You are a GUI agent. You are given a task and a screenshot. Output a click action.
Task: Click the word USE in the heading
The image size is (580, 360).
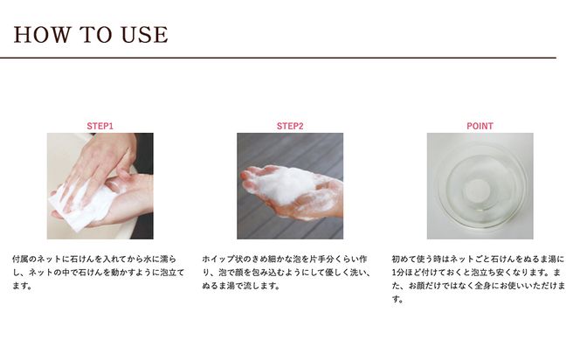click(x=142, y=35)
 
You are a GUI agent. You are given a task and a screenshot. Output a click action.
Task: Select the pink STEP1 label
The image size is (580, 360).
click(x=100, y=126)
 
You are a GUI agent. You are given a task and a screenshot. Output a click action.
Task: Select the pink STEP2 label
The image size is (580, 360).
click(x=290, y=126)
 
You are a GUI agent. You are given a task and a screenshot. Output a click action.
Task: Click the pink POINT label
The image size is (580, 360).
click(x=480, y=126)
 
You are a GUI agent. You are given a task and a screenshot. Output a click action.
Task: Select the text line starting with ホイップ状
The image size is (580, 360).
click(x=289, y=260)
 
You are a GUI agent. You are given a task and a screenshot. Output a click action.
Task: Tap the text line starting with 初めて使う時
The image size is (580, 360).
click(x=479, y=260)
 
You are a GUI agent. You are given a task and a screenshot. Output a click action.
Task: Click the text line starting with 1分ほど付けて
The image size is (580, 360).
click(x=479, y=273)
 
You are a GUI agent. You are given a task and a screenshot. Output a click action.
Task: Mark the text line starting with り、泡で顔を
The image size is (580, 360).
click(x=289, y=273)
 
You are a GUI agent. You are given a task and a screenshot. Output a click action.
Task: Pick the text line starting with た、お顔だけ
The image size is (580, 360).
click(x=479, y=286)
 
